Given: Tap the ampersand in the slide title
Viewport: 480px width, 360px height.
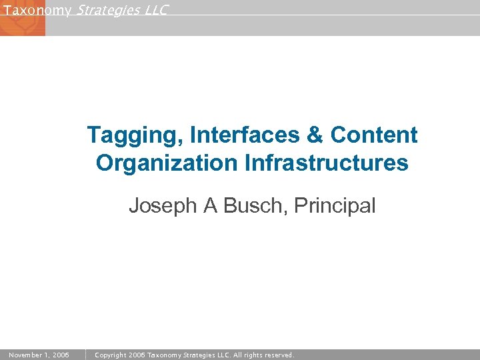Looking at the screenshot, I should [x=314, y=135].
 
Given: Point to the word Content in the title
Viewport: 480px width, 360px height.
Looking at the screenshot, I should [x=374, y=135].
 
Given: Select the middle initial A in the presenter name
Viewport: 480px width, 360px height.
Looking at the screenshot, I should [x=211, y=206].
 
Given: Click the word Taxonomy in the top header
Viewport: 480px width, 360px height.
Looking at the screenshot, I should [x=37, y=10].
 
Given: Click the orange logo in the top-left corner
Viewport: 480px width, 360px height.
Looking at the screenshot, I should [x=22, y=22].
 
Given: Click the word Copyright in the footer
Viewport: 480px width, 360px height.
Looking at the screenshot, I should [x=111, y=355].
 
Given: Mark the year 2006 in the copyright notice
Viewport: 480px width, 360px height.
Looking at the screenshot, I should [x=137, y=355].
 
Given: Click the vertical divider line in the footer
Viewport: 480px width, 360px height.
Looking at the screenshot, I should [x=86, y=355].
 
